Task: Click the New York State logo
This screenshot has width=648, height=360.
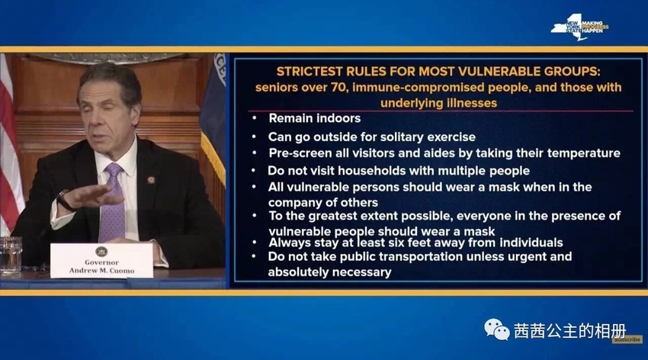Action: point(579,27)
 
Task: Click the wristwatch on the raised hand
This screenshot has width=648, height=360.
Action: point(64,201)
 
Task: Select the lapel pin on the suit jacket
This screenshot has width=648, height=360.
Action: point(151,180)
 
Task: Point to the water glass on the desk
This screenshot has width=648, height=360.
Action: point(11,256)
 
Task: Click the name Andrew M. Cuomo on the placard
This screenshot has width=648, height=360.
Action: point(101,271)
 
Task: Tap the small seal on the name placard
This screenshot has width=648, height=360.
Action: point(101,251)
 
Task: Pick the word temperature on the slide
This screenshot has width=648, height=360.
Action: point(583,153)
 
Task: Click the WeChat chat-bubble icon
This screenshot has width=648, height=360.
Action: point(497,329)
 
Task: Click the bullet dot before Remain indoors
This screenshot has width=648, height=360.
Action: point(255,118)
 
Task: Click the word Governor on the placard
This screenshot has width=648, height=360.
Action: point(101,262)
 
